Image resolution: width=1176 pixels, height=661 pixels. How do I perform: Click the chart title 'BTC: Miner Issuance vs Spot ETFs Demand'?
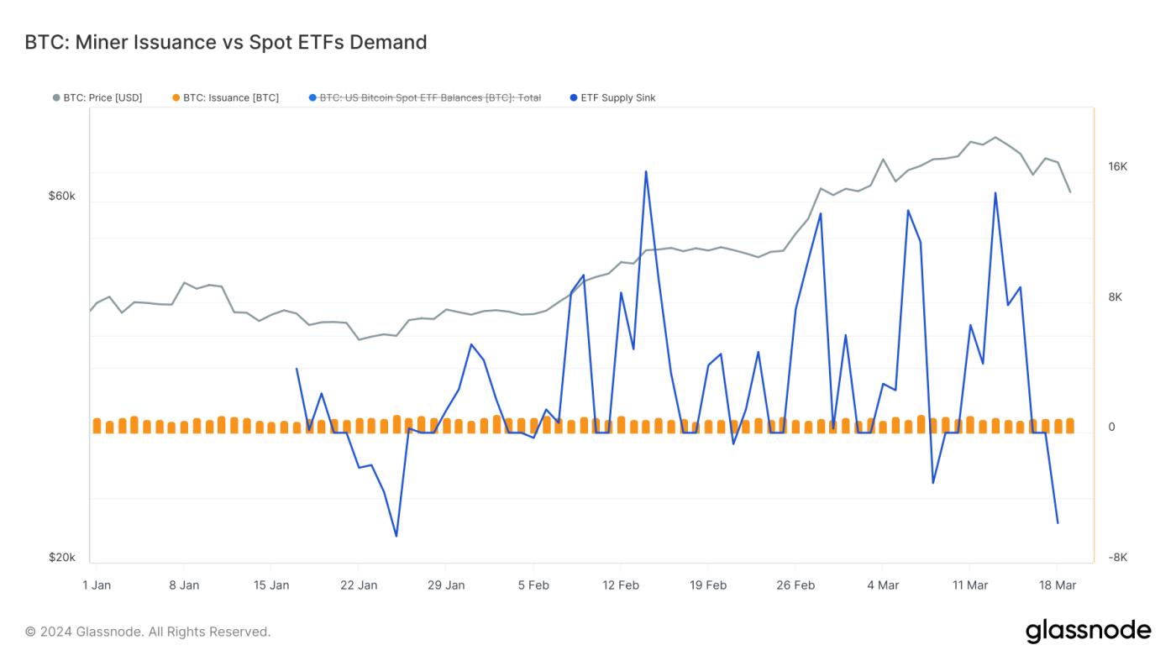(x=226, y=42)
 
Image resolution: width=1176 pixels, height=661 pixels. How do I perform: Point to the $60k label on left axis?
(x=61, y=196)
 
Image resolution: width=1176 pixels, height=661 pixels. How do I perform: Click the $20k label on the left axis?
(x=61, y=558)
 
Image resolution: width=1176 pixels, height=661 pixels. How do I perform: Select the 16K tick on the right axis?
(x=1117, y=166)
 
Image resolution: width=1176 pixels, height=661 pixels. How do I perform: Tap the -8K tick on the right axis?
(x=1117, y=558)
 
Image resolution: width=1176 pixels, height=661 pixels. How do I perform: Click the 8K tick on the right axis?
(x=1115, y=297)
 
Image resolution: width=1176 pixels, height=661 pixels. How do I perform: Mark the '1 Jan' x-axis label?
(x=97, y=585)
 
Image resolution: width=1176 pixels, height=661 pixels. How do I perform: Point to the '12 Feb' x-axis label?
(x=621, y=585)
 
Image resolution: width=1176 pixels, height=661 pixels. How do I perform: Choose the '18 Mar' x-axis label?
(x=1058, y=585)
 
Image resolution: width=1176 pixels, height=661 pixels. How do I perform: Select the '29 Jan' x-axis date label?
(x=446, y=585)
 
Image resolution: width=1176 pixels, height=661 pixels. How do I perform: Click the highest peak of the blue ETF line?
(x=646, y=171)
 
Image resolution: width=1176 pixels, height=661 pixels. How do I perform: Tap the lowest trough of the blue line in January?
(x=396, y=536)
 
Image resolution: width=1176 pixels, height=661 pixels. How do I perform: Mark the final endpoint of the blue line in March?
(x=1058, y=523)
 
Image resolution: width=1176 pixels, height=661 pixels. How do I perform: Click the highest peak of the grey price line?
(x=995, y=137)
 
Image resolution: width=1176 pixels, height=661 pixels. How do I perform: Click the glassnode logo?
(x=1088, y=631)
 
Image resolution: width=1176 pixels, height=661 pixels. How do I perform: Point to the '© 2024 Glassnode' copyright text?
(x=148, y=632)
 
